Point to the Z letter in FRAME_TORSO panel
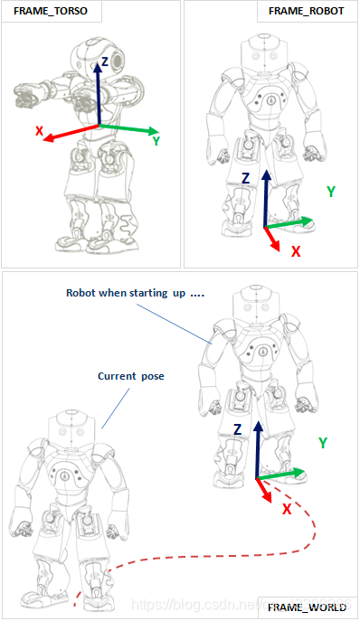105,61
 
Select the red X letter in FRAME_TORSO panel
40,132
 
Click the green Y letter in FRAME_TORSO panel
156,141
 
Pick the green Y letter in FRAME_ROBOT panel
331,192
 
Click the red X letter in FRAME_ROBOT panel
295,251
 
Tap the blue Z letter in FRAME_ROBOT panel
245,179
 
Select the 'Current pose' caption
127,375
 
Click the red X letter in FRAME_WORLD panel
287,509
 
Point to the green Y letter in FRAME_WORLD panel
323,442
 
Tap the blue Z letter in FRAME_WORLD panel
237,429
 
